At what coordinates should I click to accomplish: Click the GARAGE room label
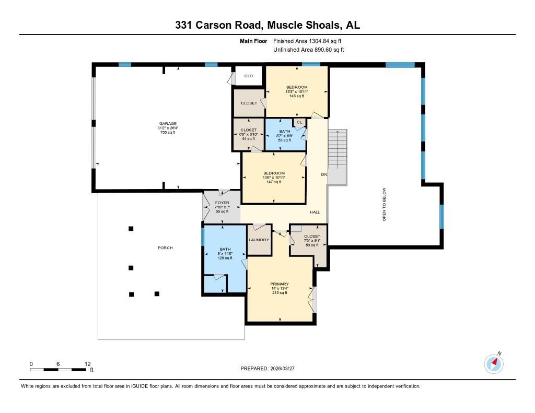point(168,124)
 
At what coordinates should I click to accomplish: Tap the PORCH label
point(165,248)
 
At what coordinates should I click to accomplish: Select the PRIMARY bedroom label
point(280,284)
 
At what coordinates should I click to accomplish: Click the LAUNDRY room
point(259,240)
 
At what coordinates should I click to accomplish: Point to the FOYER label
point(222,203)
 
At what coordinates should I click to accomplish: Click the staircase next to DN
point(338,157)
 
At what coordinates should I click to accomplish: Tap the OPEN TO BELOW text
point(384,204)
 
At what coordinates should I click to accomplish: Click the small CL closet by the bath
point(299,122)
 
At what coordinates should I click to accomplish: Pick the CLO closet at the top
point(249,76)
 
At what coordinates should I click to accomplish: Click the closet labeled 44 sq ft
point(248,134)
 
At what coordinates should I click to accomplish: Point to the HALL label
point(315,212)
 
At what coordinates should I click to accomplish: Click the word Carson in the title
point(214,25)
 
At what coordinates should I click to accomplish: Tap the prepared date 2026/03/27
point(282,369)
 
